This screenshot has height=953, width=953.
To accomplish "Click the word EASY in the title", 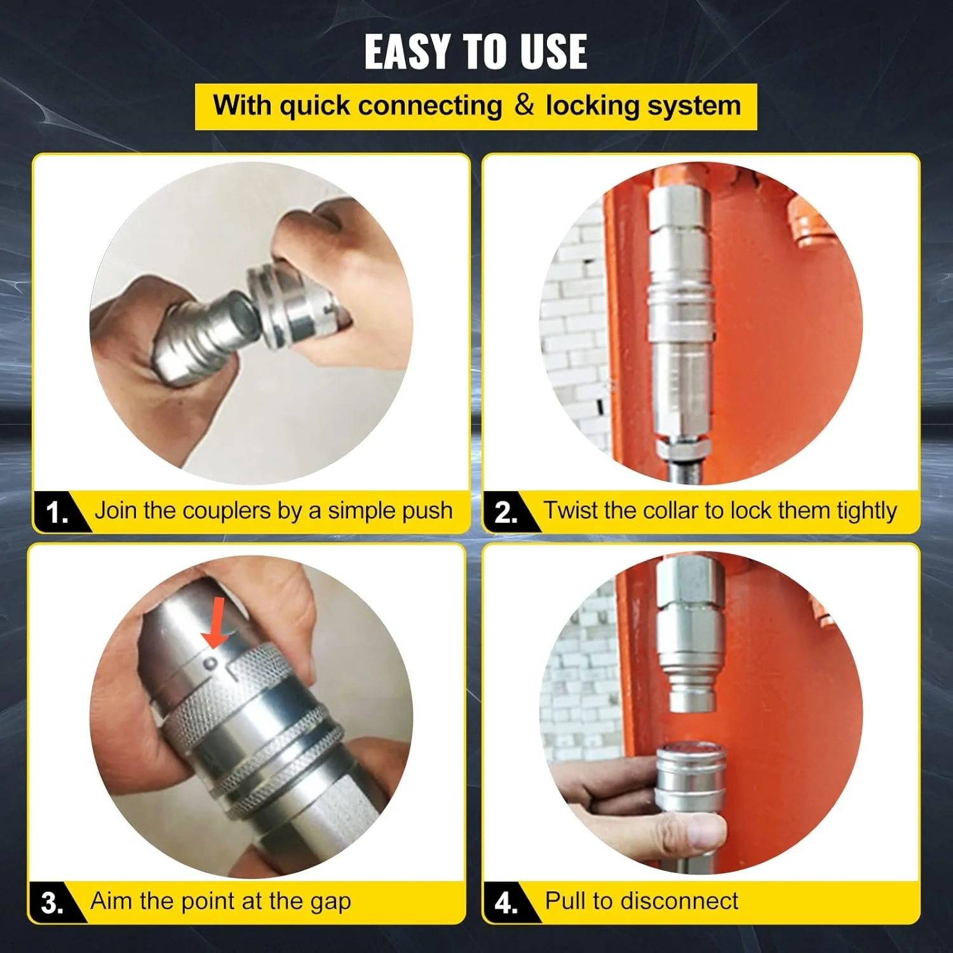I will pos(407,52).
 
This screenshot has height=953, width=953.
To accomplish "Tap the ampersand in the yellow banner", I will pos(524,105).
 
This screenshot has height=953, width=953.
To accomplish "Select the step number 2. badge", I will pos(506,512).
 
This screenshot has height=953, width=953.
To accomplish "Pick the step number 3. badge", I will pos(52,903).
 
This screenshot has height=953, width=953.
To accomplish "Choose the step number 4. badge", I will pos(506,903).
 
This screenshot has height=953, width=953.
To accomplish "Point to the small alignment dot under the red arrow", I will pos(211,664).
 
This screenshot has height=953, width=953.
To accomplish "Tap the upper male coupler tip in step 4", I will pos(693,696).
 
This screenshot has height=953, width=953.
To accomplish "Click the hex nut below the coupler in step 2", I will pos(680,448).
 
